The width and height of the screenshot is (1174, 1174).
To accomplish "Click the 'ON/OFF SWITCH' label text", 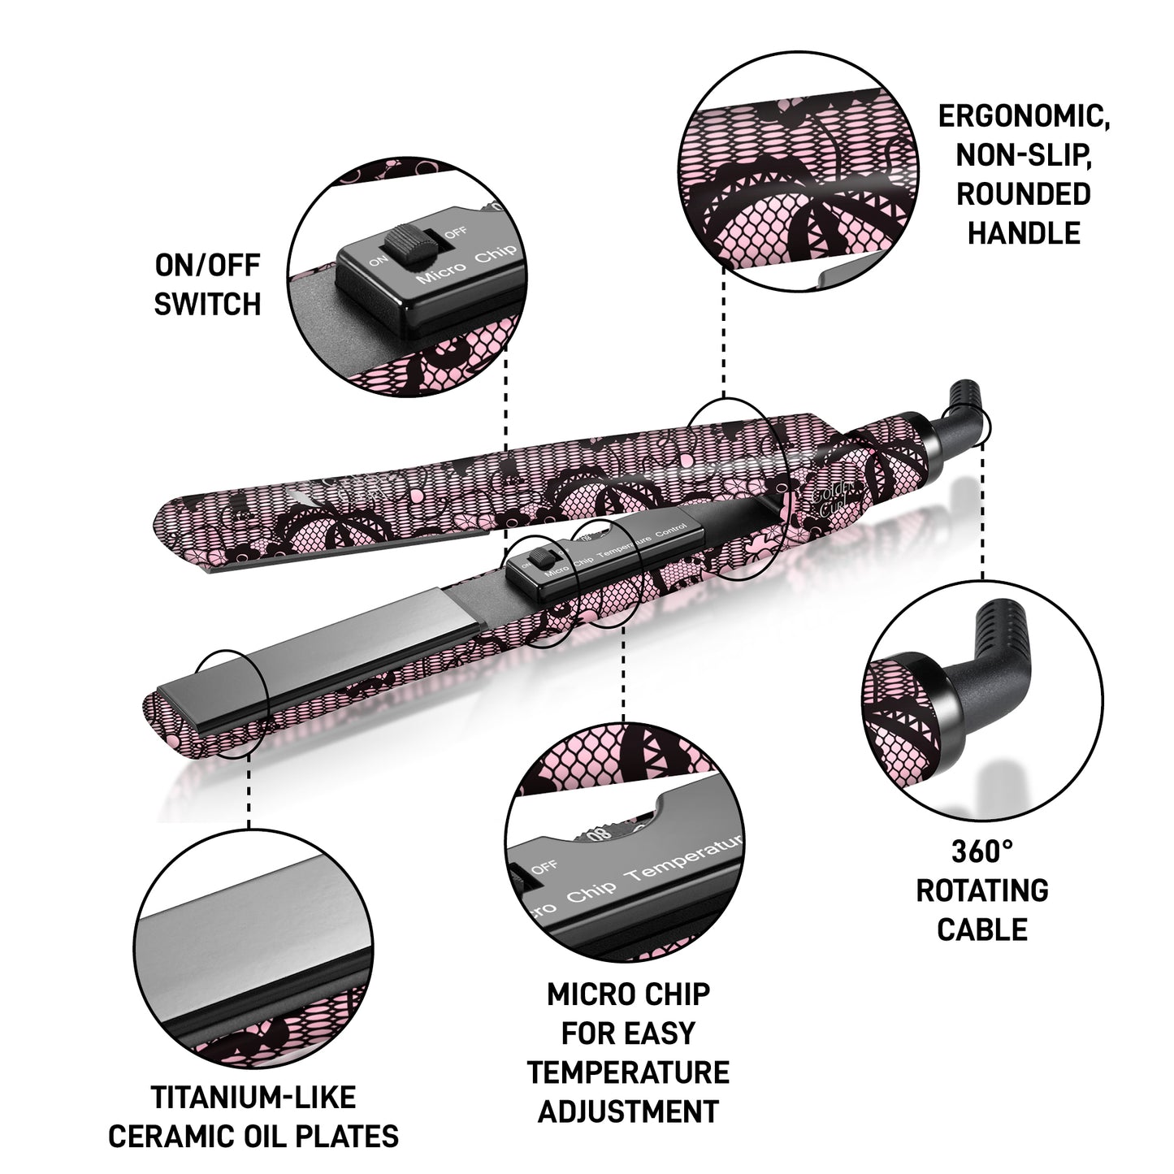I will pos(207,284).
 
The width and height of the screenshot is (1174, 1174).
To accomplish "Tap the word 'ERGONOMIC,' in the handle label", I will pos(1024,115).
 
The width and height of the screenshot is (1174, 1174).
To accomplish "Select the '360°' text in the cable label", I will pos(982,851).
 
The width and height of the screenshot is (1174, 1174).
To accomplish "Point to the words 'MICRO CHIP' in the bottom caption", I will pos(628,994).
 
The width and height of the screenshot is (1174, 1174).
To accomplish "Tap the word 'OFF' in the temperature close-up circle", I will pos(544,868).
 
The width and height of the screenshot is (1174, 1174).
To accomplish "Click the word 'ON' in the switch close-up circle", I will pos(378,262).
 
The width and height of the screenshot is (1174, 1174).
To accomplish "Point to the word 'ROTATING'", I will pos(982,890).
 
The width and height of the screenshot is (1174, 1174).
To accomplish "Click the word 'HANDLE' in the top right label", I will pos(1024,233).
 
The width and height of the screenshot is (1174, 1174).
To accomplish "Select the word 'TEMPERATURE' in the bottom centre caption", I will pos(628,1072).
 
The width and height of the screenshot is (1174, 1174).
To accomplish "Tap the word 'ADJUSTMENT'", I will pos(628,1111).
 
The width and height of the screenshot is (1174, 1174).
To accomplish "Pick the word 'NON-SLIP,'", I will pos(1024,154).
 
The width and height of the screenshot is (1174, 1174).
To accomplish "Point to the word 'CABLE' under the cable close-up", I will pos(982,929).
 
